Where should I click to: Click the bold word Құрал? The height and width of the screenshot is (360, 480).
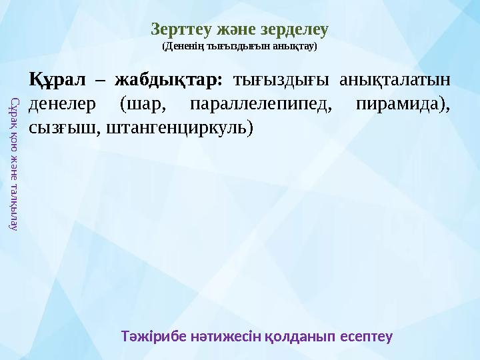click(56, 81)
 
